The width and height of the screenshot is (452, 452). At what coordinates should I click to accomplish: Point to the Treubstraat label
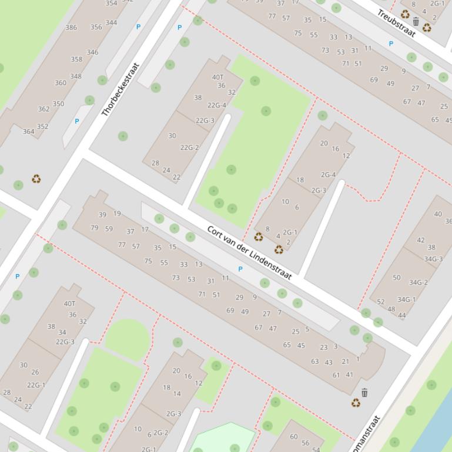[x=396, y=23]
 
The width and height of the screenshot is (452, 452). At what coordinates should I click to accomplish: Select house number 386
[x=71, y=28]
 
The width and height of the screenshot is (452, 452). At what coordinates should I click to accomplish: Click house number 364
[x=28, y=131]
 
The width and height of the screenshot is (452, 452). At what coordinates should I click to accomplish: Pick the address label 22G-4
[x=216, y=106]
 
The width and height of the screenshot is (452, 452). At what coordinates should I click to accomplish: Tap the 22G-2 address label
[x=189, y=148]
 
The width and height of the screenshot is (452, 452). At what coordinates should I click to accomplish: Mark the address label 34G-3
[x=433, y=259]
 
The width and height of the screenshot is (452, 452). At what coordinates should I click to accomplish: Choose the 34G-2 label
[x=418, y=282]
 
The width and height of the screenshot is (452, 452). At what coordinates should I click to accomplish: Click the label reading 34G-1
[x=406, y=299]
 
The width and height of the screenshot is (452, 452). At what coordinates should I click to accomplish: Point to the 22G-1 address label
[x=36, y=386]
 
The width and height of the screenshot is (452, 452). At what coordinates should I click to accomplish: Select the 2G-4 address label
[x=328, y=175]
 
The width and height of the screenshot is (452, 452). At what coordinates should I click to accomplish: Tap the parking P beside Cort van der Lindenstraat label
[x=240, y=269]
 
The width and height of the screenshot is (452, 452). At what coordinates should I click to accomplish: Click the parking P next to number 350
[x=76, y=122]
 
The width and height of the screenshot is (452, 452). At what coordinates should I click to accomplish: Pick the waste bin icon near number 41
[x=364, y=393]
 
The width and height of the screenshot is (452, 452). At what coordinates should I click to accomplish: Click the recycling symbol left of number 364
[x=36, y=178]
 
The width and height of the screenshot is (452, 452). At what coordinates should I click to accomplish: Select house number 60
[x=293, y=437]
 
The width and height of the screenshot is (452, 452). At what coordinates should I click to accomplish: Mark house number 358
[x=76, y=59]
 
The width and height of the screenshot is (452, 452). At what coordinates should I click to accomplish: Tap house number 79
[x=95, y=228]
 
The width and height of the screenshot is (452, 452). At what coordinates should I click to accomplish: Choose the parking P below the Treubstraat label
[x=391, y=43]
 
